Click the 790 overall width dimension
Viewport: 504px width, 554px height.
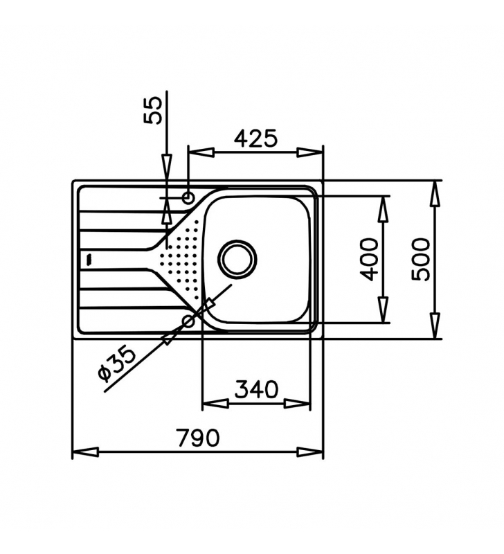[198, 438]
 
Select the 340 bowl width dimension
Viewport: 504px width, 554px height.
[257, 389]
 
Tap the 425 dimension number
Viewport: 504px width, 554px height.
[256, 138]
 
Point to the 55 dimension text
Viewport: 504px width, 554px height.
[153, 110]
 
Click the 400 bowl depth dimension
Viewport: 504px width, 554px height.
[369, 259]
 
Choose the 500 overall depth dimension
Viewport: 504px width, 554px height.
[422, 260]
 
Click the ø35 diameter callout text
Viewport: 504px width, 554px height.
[117, 365]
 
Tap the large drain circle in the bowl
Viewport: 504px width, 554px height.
[237, 259]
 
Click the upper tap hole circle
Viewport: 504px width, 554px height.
[188, 197]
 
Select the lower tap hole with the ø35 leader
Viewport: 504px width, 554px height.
[188, 321]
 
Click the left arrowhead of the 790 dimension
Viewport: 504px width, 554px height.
[85, 452]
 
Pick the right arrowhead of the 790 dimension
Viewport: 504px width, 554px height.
[310, 452]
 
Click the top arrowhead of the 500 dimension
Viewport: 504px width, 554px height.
[435, 194]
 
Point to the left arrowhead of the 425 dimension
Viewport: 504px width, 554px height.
[201, 152]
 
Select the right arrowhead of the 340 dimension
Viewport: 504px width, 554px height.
[298, 404]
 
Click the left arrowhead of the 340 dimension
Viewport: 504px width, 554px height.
[215, 404]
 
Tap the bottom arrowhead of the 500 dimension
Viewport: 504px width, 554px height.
[435, 325]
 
